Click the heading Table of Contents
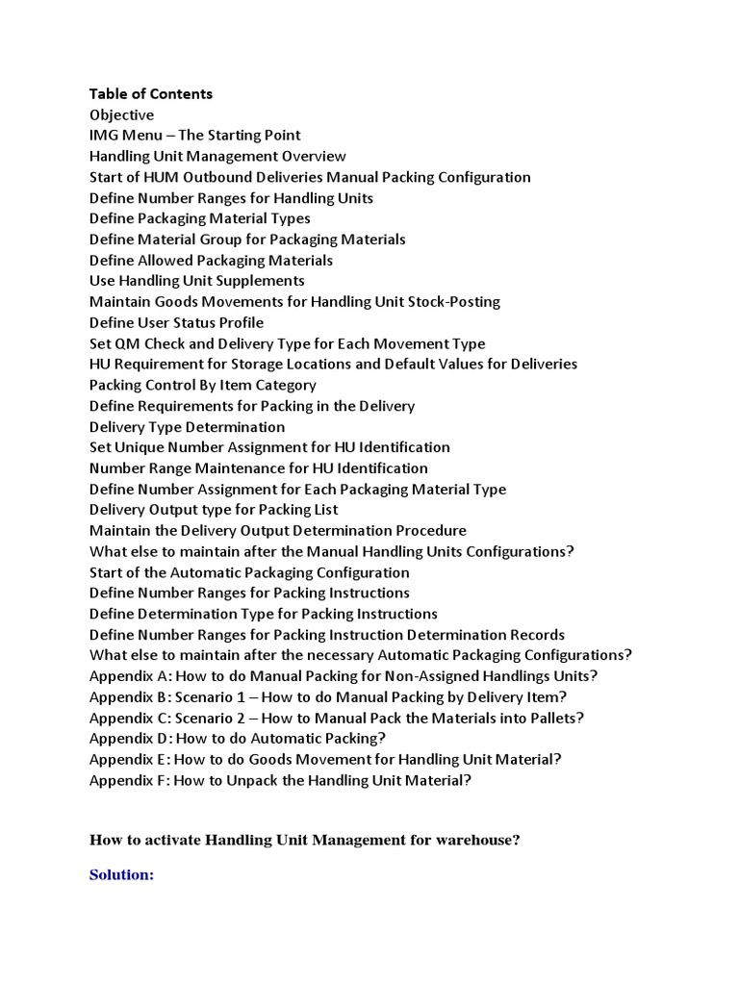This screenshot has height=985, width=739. click(x=151, y=93)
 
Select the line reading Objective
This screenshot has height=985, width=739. click(x=121, y=114)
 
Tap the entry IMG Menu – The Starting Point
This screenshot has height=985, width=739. click(x=194, y=135)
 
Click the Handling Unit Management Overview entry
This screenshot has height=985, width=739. click(x=217, y=156)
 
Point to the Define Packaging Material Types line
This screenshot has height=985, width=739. click(x=199, y=218)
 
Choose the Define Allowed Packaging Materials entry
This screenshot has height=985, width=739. click(x=211, y=260)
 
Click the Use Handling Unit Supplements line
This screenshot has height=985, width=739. click(x=196, y=281)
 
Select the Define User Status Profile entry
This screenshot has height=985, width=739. click(x=176, y=322)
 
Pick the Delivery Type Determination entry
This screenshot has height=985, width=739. click(x=187, y=426)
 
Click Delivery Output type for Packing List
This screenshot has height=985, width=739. click(x=214, y=510)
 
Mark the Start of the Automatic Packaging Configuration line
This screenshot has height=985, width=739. click(x=249, y=572)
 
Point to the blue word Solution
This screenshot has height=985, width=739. click(x=121, y=875)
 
